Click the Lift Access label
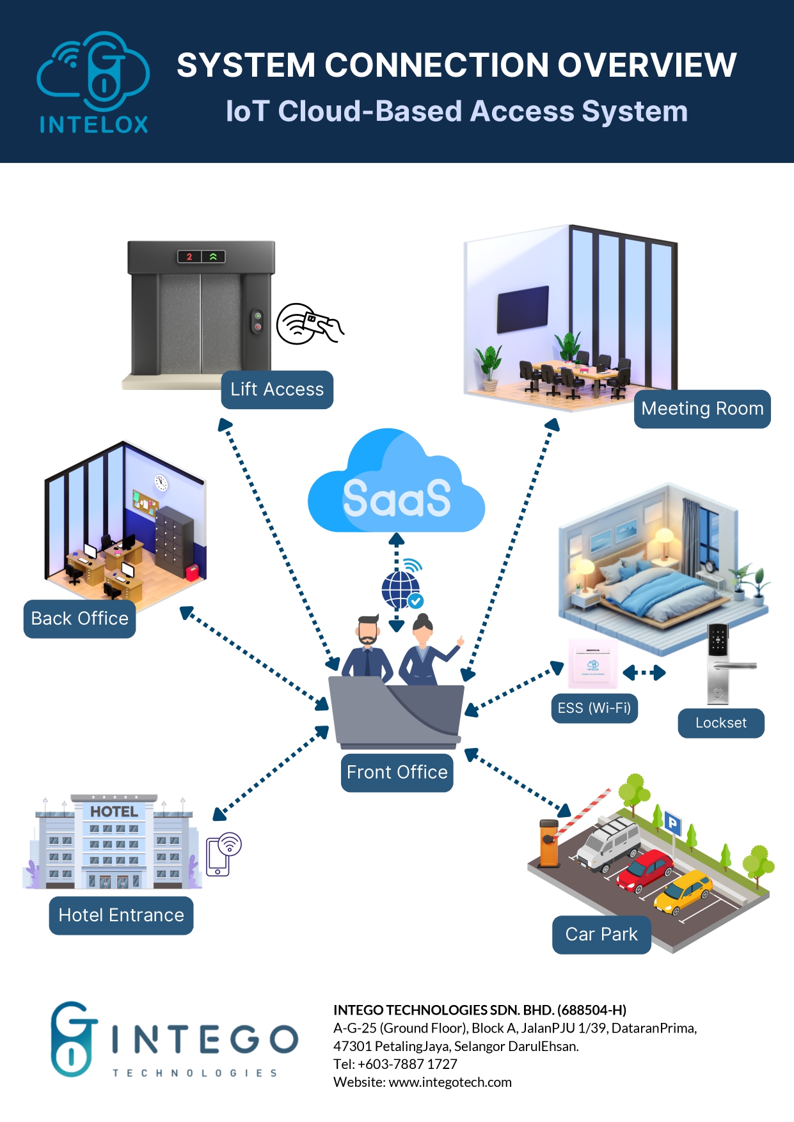277,389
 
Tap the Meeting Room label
702,409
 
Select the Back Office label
79,618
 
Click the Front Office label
397,772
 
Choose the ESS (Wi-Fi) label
594,708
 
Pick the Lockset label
721,723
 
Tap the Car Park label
601,935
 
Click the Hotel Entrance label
121,916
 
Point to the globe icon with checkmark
402,588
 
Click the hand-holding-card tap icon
310,323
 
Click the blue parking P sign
672,823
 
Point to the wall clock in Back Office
161,483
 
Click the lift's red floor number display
189,257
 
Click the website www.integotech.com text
450,1082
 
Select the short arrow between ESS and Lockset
644,673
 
